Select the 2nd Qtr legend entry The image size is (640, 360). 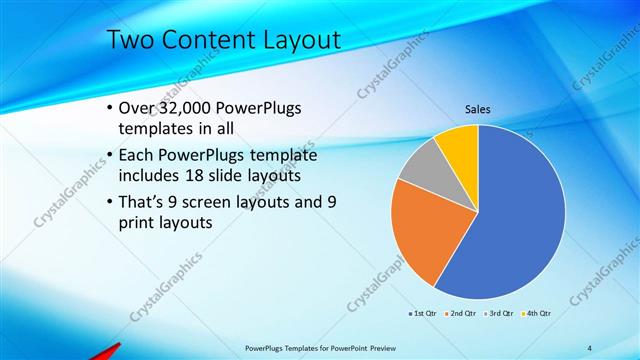click(460, 314)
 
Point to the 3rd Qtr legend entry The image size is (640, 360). click(498, 314)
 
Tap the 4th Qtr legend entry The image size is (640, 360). click(536, 314)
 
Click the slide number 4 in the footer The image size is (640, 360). click(590, 348)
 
